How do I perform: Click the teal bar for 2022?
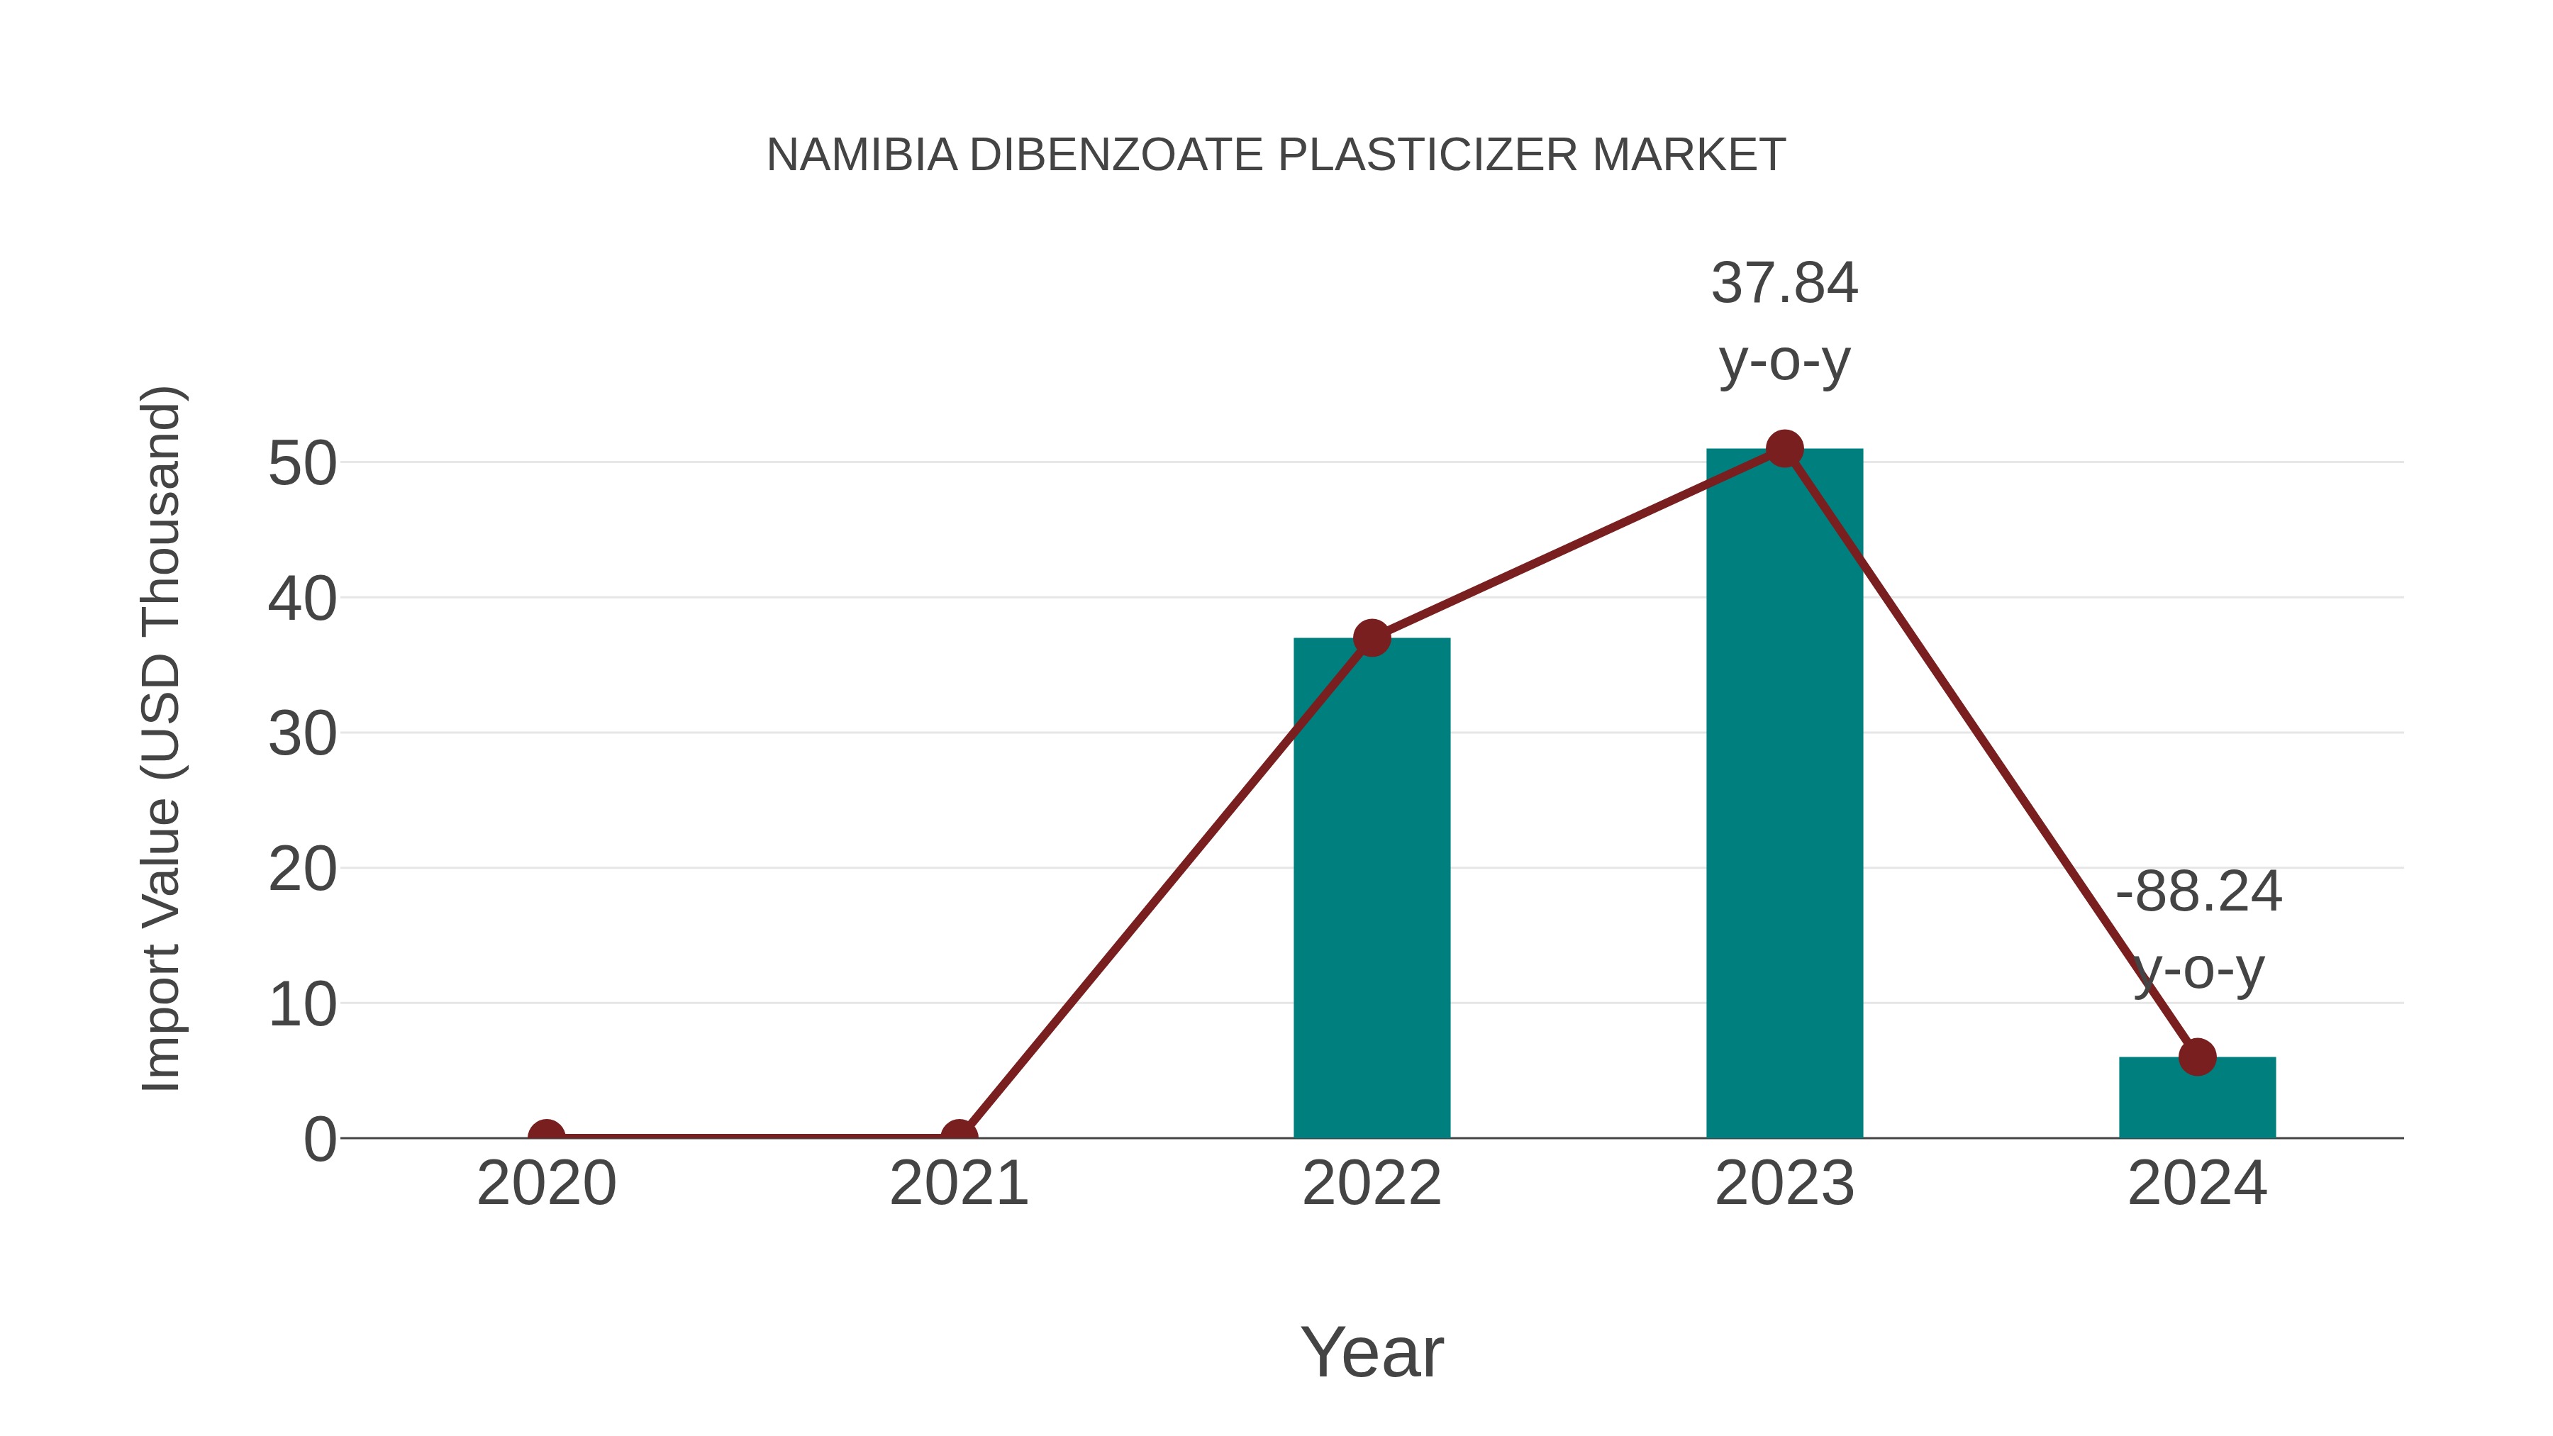coord(1372,892)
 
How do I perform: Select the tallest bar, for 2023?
coord(1784,793)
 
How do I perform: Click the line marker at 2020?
coord(546,1136)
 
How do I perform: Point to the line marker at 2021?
coord(958,1136)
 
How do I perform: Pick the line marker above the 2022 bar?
coord(1372,638)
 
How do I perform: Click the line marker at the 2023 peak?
coord(1784,449)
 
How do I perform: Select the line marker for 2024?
coord(2197,1057)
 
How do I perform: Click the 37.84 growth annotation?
coord(1784,284)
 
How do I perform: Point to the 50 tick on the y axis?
coord(302,464)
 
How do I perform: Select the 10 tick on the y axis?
coord(302,1005)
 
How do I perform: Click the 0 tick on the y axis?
coord(319,1140)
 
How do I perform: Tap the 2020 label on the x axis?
coord(546,1184)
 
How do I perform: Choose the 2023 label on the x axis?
coord(1784,1184)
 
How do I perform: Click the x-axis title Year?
coord(1372,1352)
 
